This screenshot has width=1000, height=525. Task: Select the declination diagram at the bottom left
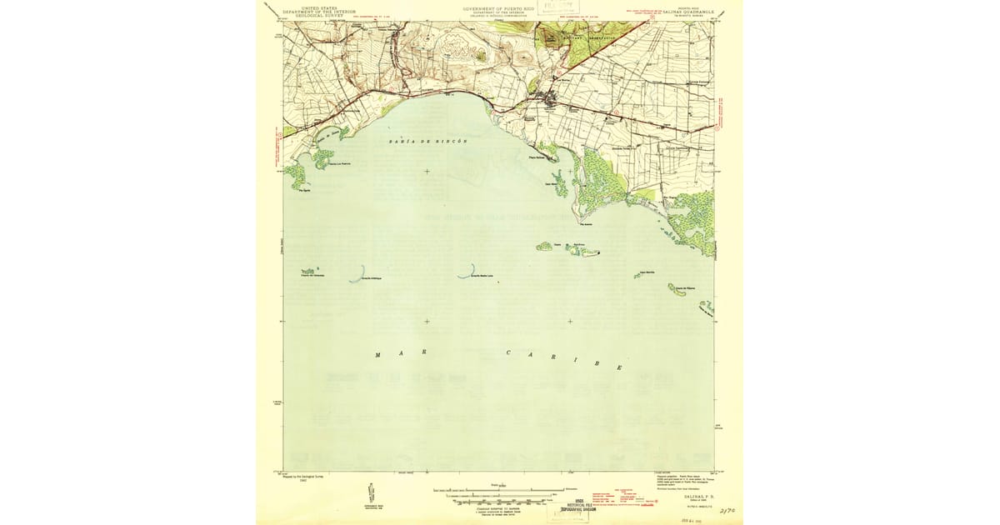pyautogui.click(x=369, y=492)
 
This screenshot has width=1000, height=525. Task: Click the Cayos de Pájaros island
pyautogui.click(x=677, y=289)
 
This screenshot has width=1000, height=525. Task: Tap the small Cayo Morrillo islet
pyautogui.click(x=637, y=275)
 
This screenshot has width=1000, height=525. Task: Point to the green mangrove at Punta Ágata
pyautogui.click(x=294, y=175)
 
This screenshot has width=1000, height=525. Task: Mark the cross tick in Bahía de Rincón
pyautogui.click(x=427, y=172)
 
